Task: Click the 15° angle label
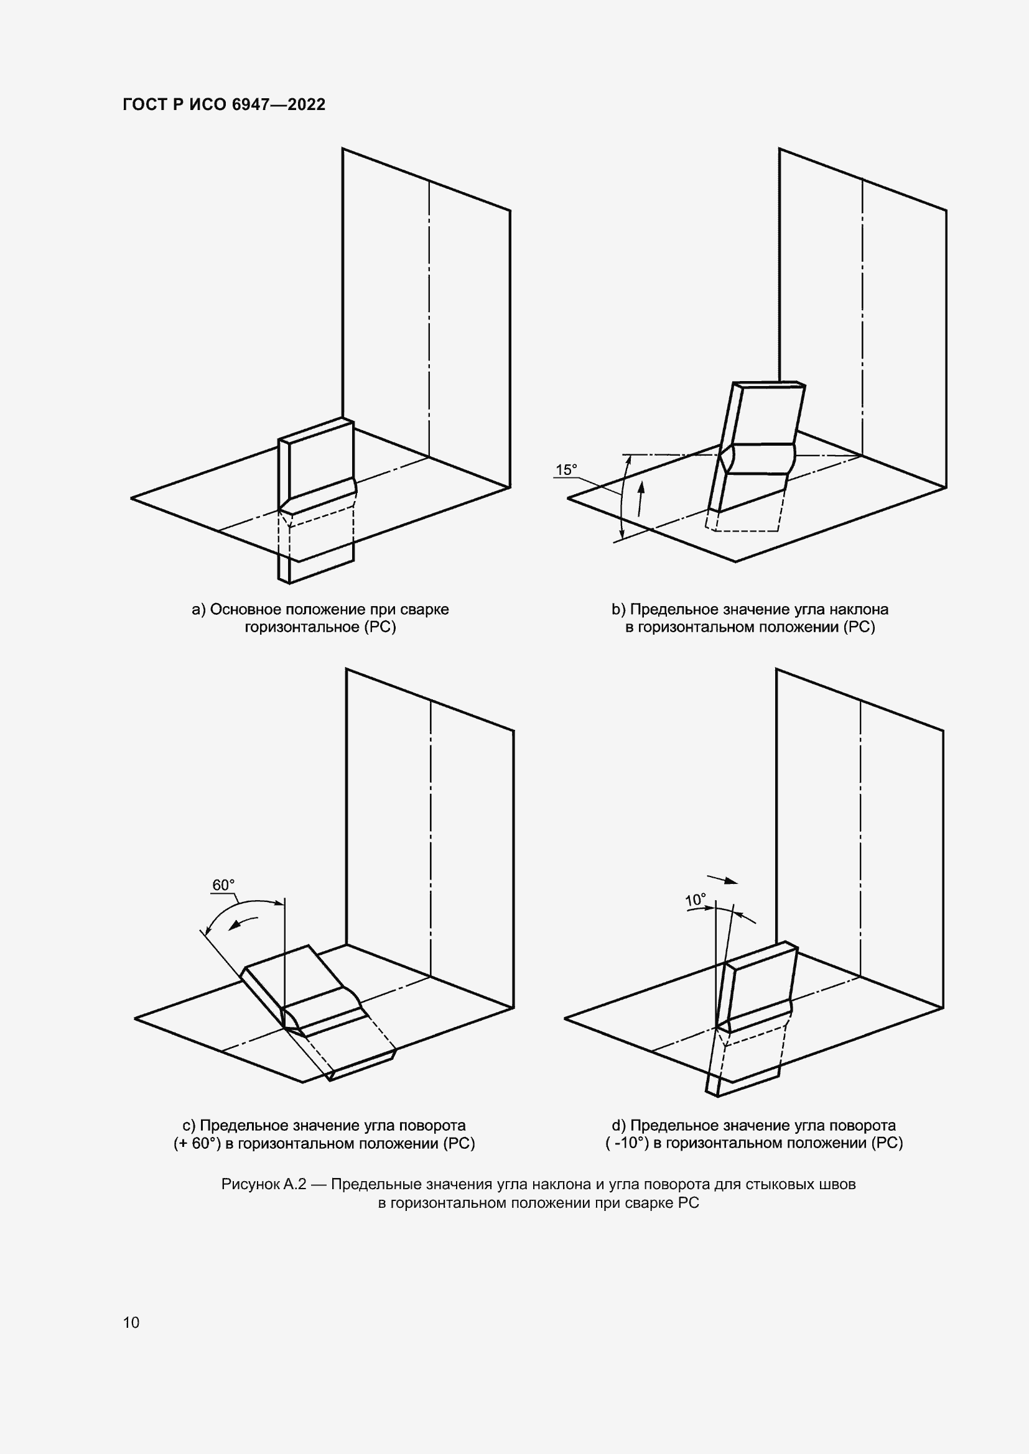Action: tap(567, 470)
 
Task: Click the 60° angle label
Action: tap(223, 885)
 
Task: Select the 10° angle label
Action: tap(695, 900)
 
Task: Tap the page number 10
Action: tap(131, 1322)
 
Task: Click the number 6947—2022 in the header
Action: tap(279, 104)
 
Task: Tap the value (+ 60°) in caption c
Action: tap(197, 1143)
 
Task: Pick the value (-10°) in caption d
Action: tap(627, 1143)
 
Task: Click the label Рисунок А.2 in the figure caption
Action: tap(264, 1184)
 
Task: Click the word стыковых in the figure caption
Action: tap(781, 1184)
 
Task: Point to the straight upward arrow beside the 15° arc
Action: tap(641, 499)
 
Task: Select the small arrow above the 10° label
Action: tap(722, 879)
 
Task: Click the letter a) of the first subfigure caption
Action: tap(199, 610)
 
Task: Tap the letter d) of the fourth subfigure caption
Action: tap(619, 1125)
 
